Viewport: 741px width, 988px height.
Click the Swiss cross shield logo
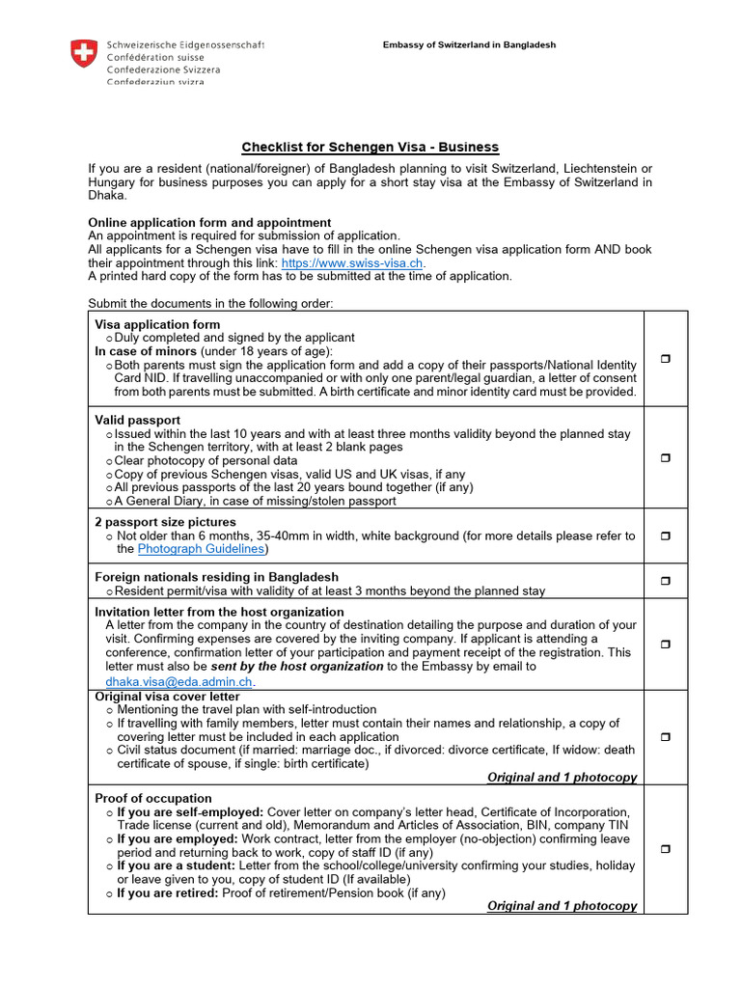pos(84,53)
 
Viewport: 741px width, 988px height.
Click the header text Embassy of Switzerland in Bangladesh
pos(469,45)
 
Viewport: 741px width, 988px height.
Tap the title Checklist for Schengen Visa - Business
pos(370,147)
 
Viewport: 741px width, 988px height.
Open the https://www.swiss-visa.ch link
pos(352,262)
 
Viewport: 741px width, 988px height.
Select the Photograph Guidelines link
pos(201,549)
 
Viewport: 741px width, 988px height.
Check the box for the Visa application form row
pos(665,359)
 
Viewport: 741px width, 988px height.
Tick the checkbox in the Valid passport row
pos(665,457)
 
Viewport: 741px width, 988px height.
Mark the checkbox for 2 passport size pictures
pos(665,535)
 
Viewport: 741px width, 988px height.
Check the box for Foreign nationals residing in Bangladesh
pos(665,580)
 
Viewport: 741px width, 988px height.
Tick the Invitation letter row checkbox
pos(665,645)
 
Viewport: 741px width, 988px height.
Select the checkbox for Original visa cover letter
pos(665,736)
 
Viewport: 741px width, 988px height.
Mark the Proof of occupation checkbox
pos(665,849)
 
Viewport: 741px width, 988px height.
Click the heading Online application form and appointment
pos(209,223)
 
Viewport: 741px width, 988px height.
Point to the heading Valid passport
pos(137,420)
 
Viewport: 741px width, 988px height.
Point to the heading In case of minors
pos(145,351)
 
